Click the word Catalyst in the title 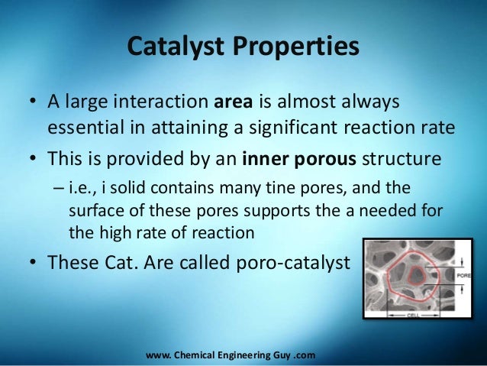(x=176, y=47)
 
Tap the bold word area (x=234, y=102)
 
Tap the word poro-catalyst (x=293, y=263)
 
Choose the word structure (x=402, y=159)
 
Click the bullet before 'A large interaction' (x=33, y=102)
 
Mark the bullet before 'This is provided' (x=33, y=158)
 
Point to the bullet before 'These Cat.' (x=33, y=262)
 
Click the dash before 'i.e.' (x=58, y=188)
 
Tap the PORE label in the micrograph (x=463, y=276)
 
